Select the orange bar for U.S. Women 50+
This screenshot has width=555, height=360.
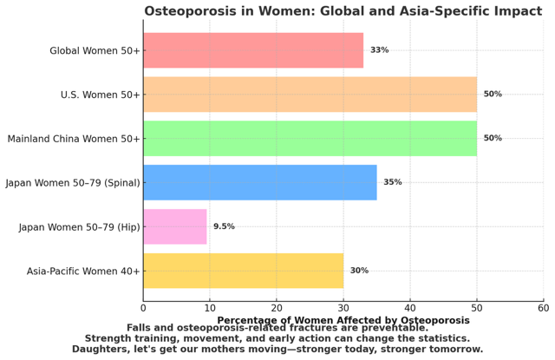point(310,95)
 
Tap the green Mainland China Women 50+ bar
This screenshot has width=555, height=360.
point(310,139)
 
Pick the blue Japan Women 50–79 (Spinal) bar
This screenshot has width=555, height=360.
point(259,182)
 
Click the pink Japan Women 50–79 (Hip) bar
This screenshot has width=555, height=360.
point(174,226)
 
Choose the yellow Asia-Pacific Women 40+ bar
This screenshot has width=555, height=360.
point(243,271)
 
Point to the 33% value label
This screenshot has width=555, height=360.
point(379,50)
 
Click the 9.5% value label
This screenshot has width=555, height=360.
point(224,226)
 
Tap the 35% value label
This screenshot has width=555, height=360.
point(392,182)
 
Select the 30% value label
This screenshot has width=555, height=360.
point(359,271)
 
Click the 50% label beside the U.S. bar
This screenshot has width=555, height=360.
point(493,95)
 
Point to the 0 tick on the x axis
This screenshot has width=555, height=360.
point(143,307)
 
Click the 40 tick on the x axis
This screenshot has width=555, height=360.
point(410,307)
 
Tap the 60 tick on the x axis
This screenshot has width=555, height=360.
point(543,307)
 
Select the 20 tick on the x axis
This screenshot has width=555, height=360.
point(277,307)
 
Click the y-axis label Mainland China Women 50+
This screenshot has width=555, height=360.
point(74,139)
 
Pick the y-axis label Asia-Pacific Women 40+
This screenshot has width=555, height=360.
point(83,271)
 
